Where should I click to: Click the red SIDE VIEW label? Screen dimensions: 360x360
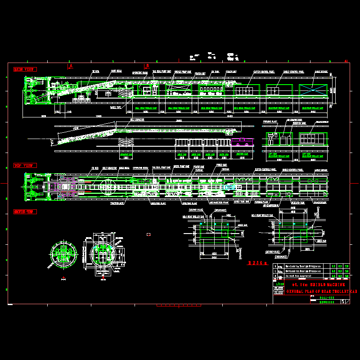[25, 69]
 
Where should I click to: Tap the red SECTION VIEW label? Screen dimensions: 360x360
[25, 211]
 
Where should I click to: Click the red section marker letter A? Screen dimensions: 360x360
[71, 66]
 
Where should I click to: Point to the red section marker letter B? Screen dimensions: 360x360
[147, 66]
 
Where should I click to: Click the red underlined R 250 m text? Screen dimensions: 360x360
[257, 262]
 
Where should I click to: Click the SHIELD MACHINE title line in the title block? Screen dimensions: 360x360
[318, 285]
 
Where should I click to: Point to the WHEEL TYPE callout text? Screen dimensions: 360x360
[116, 108]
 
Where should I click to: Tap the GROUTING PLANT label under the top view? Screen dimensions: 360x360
[156, 203]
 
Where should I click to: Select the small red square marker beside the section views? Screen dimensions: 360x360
[148, 234]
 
